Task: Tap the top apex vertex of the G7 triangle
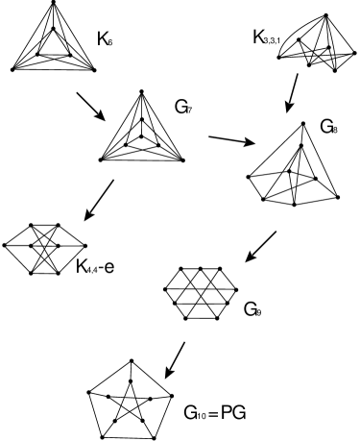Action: [x=142, y=92]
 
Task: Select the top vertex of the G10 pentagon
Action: [x=127, y=366]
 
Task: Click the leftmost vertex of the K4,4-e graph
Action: [x=7, y=247]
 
